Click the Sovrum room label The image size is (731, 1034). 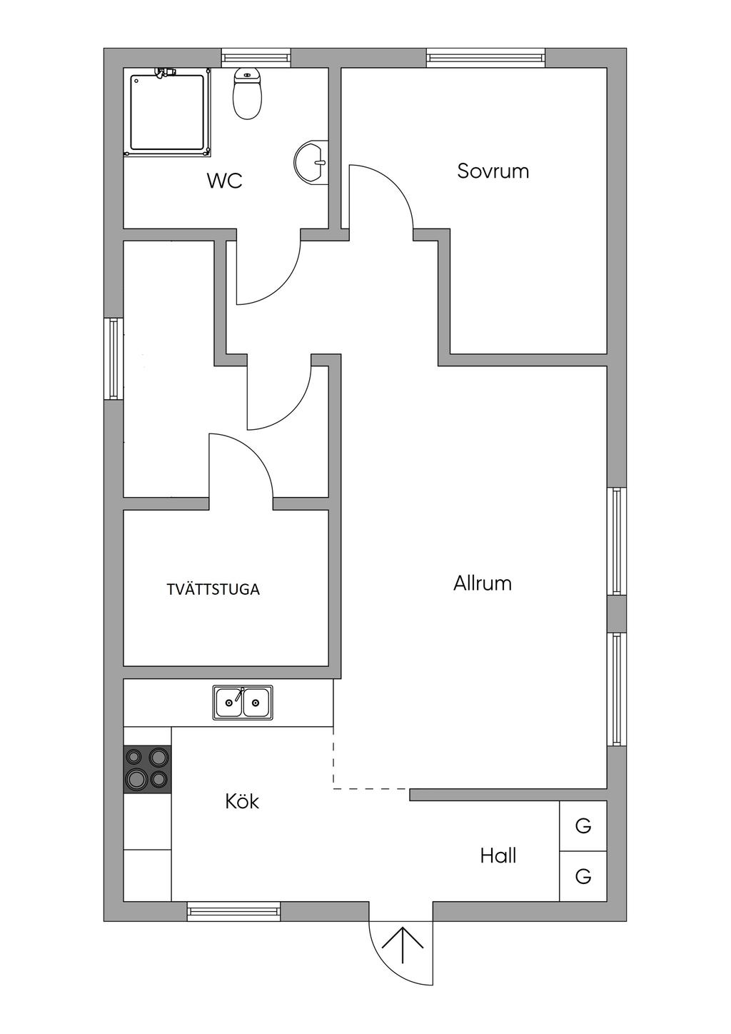click(x=493, y=171)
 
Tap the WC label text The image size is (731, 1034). click(x=224, y=181)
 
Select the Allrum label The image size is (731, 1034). click(x=483, y=583)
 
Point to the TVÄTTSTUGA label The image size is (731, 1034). click(x=213, y=590)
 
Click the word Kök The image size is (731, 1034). click(x=242, y=801)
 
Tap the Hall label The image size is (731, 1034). click(x=498, y=855)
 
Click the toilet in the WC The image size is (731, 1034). click(x=248, y=96)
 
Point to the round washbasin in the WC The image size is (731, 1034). click(x=311, y=162)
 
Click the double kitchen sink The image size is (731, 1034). click(x=243, y=703)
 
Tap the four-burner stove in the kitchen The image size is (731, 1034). click(x=148, y=769)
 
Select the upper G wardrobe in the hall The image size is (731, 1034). click(x=583, y=826)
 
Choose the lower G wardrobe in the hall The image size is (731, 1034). click(x=583, y=876)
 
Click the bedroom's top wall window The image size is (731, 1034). click(x=485, y=58)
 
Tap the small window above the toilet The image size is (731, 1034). click(x=256, y=58)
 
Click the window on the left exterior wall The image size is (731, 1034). click(x=114, y=359)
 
